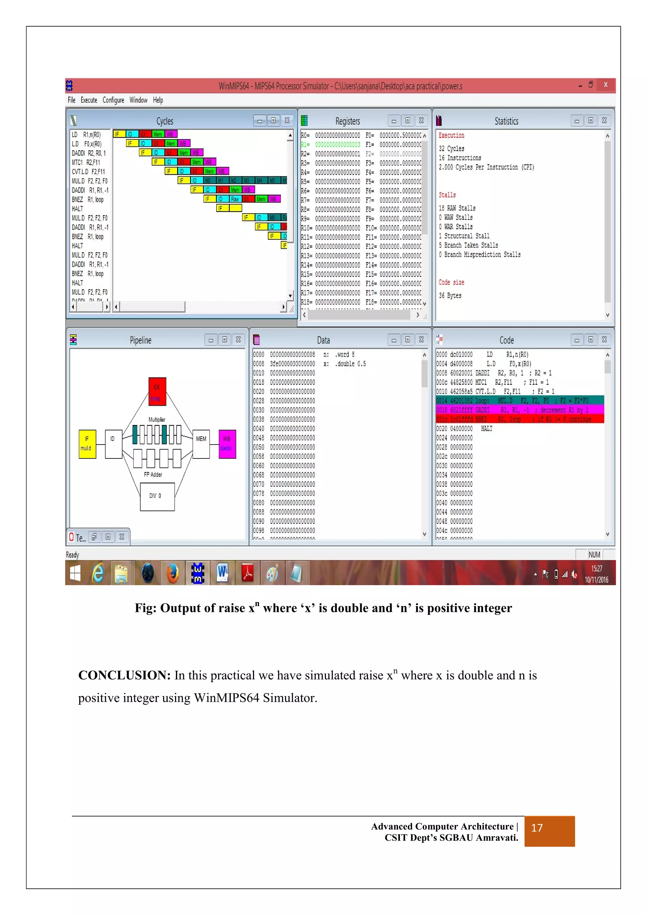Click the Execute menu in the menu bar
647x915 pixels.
click(89, 100)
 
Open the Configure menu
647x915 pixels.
click(113, 100)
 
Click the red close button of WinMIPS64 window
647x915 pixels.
click(605, 85)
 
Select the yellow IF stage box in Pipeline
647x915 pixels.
click(87, 444)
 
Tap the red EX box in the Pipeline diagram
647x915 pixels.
click(157, 391)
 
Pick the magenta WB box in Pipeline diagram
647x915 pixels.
click(227, 444)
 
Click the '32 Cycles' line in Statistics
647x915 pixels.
click(451, 148)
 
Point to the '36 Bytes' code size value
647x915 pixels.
click(450, 296)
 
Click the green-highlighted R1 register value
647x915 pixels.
click(337, 145)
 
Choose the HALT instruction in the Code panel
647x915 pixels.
click(487, 429)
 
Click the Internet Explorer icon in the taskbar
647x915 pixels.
click(98, 573)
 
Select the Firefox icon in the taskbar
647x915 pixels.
click(172, 573)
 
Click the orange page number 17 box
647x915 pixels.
click(549, 831)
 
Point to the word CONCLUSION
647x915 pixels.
click(124, 676)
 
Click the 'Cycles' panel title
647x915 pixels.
click(165, 121)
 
